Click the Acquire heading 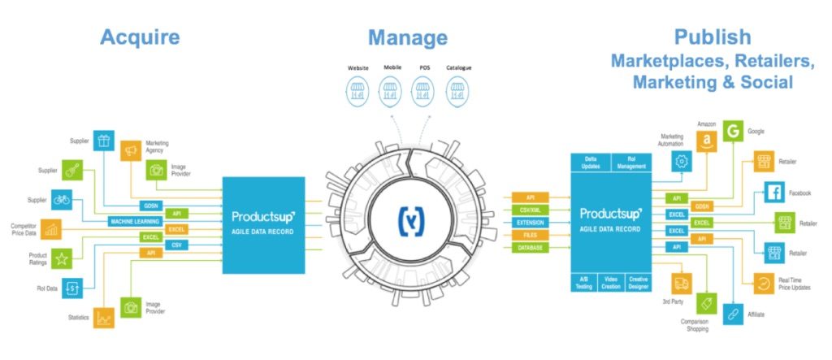click(139, 37)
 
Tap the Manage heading click(407, 37)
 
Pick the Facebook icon click(775, 193)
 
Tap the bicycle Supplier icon click(60, 199)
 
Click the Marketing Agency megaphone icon click(130, 150)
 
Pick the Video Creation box click(611, 280)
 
